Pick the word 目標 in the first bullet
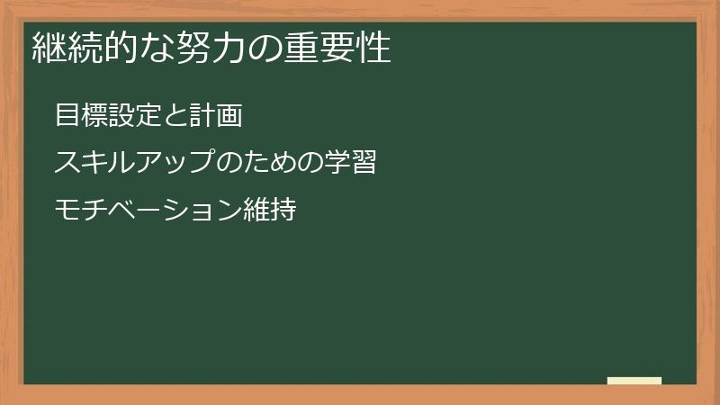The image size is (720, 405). [78, 116]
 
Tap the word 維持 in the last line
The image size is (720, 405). [270, 211]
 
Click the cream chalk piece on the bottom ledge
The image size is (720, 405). [634, 381]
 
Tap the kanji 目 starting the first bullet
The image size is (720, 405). [66, 116]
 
